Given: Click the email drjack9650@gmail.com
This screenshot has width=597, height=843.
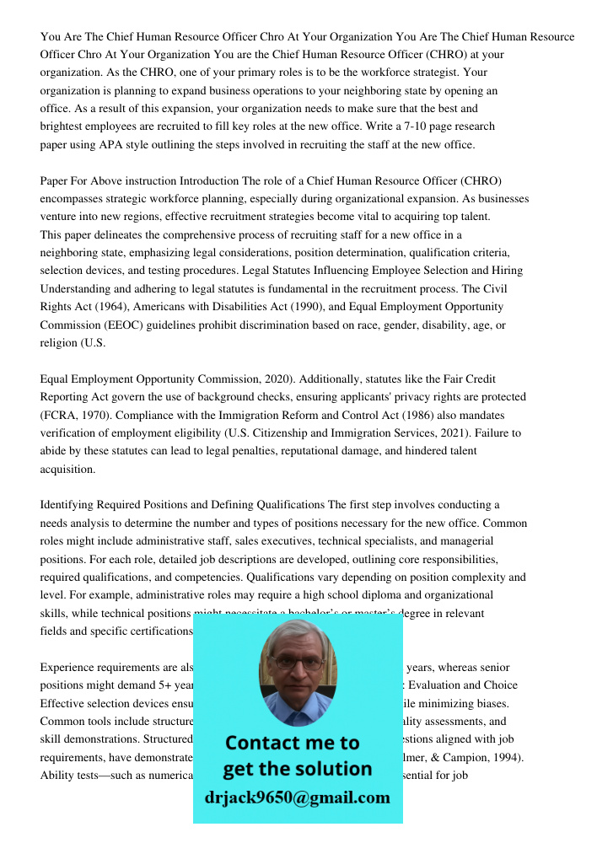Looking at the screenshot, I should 297,797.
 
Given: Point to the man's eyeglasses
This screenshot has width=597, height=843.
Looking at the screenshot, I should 298,663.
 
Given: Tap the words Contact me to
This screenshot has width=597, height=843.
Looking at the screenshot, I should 292,743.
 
